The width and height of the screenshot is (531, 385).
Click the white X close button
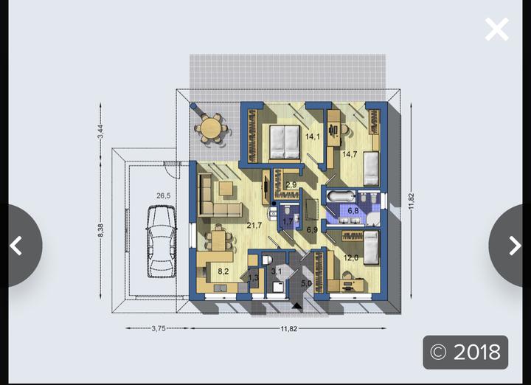point(497,30)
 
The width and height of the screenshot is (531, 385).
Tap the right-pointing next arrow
point(515,246)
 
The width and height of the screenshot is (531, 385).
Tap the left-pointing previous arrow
point(16,246)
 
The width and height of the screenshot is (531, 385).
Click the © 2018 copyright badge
point(465,352)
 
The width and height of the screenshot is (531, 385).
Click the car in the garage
point(162,241)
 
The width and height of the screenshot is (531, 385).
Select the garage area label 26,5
point(164,195)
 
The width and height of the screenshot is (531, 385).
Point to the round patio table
point(211,128)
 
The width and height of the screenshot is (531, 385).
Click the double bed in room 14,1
point(285,142)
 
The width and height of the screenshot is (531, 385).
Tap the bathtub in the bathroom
point(341,197)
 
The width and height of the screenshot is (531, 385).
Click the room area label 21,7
point(254,225)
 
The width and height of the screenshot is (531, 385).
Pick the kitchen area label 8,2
point(223,271)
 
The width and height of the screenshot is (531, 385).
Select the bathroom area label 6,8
point(353,211)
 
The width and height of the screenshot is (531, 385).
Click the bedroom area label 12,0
point(351,257)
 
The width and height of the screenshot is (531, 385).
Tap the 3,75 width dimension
point(159,328)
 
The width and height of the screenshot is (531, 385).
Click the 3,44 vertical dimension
point(100,131)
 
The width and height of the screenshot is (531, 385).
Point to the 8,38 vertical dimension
point(100,230)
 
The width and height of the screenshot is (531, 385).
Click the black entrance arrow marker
point(297,306)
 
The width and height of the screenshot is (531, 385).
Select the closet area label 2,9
point(291,185)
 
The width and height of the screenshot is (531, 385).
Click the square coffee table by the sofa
point(226,189)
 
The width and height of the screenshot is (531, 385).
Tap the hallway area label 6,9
point(312,230)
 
